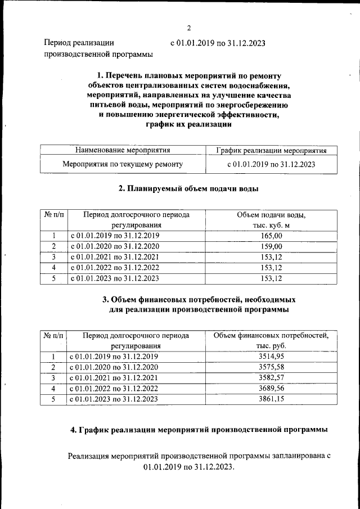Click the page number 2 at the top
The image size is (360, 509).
189,28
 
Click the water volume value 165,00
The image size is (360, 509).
272,236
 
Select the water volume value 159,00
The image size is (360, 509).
272,246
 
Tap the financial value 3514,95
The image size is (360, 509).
272,357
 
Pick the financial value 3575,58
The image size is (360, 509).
272,367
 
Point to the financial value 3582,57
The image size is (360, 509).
272,378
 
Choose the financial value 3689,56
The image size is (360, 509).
272,389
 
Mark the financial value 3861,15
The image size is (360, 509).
272,399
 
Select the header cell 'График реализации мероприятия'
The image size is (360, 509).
272,150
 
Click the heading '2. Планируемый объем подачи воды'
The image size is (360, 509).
188,189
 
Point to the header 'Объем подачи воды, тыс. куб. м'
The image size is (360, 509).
272,220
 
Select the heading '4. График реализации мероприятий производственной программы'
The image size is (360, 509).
199,430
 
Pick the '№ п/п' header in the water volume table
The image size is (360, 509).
54,215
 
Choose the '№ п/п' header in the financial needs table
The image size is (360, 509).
54,336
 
